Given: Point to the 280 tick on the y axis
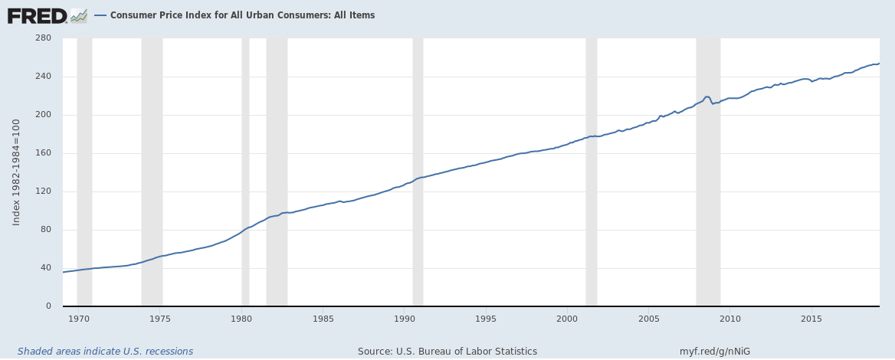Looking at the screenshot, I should point(43,38).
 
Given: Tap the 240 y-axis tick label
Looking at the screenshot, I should point(43,77).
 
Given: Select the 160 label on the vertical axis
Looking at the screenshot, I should point(43,153).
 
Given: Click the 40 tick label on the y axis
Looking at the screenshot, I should point(45,268).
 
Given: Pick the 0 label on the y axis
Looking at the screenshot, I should point(48,306).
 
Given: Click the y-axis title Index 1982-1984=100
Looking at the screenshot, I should point(17,172).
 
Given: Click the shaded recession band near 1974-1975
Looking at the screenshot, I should point(152,172).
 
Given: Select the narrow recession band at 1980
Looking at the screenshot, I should point(245,172).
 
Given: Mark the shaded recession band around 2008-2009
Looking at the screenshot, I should point(708,172).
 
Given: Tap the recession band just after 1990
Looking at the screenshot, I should point(418,172).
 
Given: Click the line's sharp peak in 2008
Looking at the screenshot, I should point(706,97).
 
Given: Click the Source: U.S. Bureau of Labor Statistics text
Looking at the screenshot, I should point(447,352).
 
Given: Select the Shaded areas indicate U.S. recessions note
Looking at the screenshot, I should point(106,352).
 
